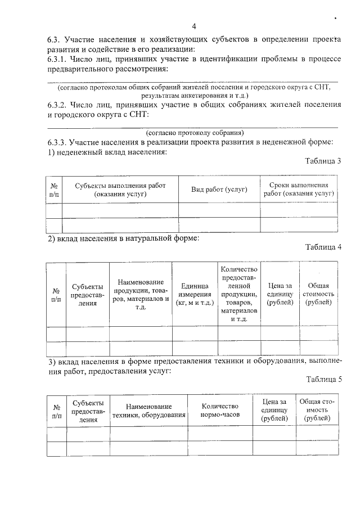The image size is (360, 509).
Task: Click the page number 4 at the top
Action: click(x=194, y=26)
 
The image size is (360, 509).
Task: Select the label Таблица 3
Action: click(x=323, y=161)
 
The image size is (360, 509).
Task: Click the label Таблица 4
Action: click(x=323, y=248)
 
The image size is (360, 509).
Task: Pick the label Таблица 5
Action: click(x=323, y=380)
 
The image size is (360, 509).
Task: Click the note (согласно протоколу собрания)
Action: click(x=195, y=133)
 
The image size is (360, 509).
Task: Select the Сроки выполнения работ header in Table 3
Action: click(x=299, y=190)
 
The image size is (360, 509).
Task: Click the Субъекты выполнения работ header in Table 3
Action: click(x=120, y=190)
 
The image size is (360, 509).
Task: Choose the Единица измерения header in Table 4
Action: click(x=195, y=294)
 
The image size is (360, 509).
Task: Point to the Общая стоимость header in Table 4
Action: click(x=318, y=294)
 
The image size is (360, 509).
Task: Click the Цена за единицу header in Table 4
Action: click(x=280, y=294)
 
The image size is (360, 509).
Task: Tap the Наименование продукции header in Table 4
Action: click(x=141, y=294)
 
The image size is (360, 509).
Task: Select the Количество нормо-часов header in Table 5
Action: click(x=220, y=410)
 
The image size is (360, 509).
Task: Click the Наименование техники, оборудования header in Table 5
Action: click(x=148, y=410)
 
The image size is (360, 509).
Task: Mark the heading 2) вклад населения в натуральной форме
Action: click(x=123, y=239)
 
